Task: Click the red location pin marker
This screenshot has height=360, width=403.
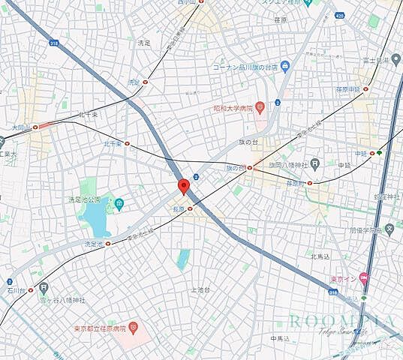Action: tap(182, 186)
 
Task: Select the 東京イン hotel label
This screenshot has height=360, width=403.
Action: tap(344, 280)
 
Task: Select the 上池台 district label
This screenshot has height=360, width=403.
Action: tap(200, 289)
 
